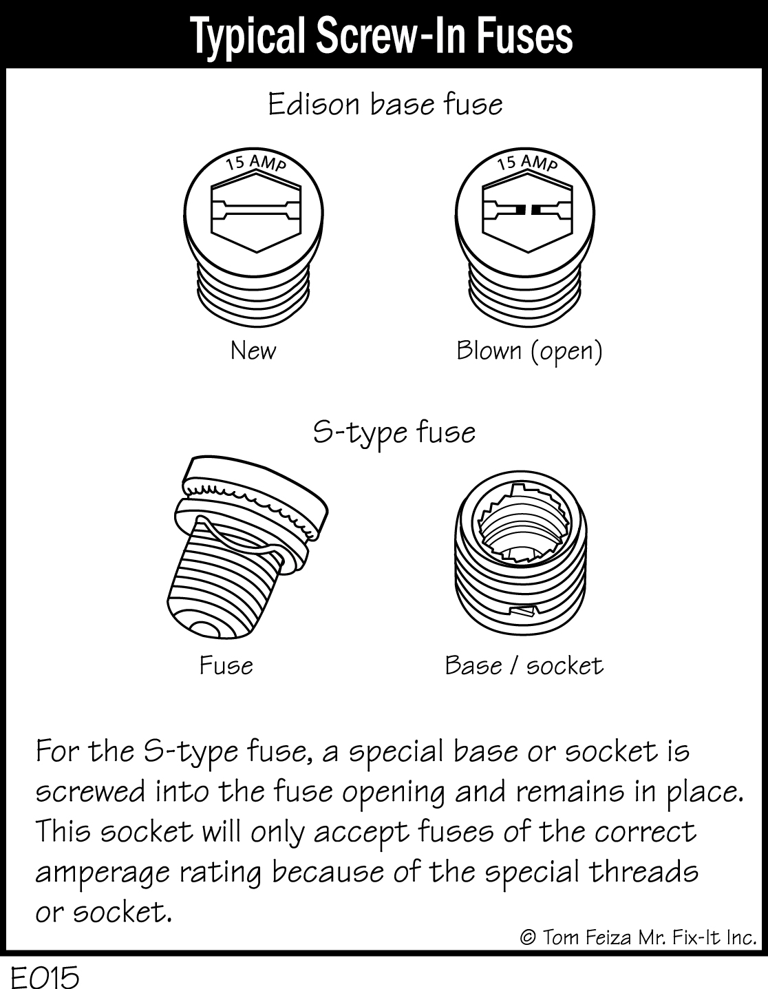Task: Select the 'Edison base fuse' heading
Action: [385, 105]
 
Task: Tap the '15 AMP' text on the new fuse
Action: [256, 163]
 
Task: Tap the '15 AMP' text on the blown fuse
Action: [527, 163]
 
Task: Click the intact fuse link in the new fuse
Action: [255, 209]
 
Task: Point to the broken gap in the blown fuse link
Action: [528, 209]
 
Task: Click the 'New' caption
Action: [253, 351]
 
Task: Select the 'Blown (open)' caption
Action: [529, 351]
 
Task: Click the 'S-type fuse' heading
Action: [394, 433]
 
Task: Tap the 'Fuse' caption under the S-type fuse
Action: [226, 665]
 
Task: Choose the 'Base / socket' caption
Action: [524, 665]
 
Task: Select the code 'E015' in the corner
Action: [43, 975]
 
